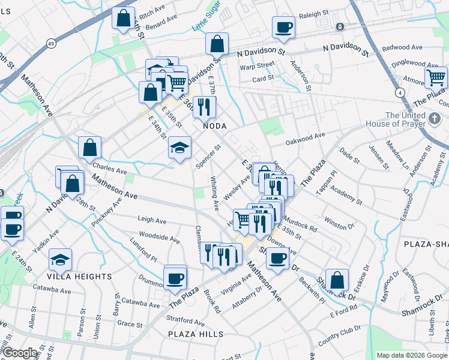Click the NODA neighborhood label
tap(214, 126)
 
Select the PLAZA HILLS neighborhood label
tap(196, 334)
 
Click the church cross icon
tap(436, 119)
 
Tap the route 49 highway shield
tap(52, 44)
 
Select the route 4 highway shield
tap(399, 92)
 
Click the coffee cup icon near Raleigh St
tap(283, 27)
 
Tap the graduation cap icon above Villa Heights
tap(60, 259)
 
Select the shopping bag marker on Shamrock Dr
tap(337, 279)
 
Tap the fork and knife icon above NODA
tap(205, 107)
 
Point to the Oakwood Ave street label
tap(305, 138)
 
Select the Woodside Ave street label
tap(159, 237)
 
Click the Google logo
tap(20, 353)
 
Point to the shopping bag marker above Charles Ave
tap(89, 148)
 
